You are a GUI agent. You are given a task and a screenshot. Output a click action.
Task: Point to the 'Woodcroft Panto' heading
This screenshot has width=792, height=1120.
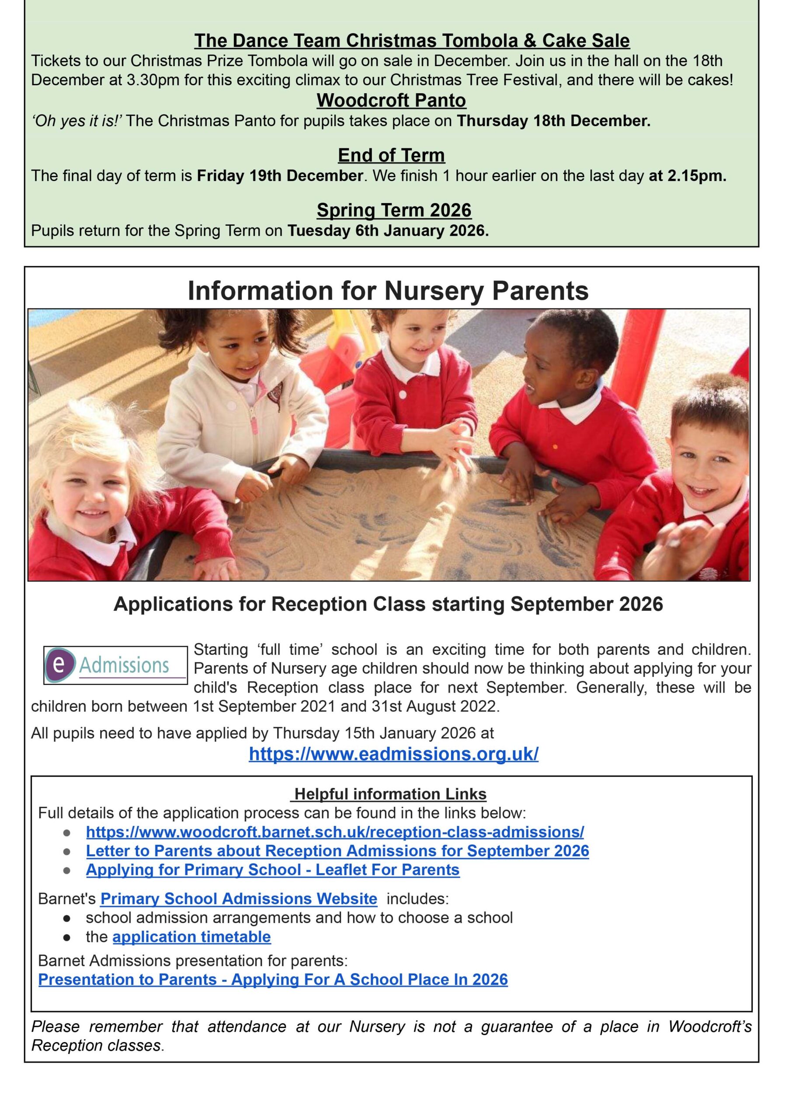click(391, 101)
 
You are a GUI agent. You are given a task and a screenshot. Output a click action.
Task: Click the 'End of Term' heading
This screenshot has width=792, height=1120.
click(391, 155)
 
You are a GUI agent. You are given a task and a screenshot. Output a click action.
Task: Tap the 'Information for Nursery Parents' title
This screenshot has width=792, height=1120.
click(388, 291)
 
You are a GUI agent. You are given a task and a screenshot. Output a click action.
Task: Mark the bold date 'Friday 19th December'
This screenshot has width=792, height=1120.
click(280, 176)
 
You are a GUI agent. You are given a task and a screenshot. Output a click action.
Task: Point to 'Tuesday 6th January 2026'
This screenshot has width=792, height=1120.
click(388, 231)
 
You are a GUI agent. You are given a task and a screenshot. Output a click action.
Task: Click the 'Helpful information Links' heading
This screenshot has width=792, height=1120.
click(390, 794)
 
